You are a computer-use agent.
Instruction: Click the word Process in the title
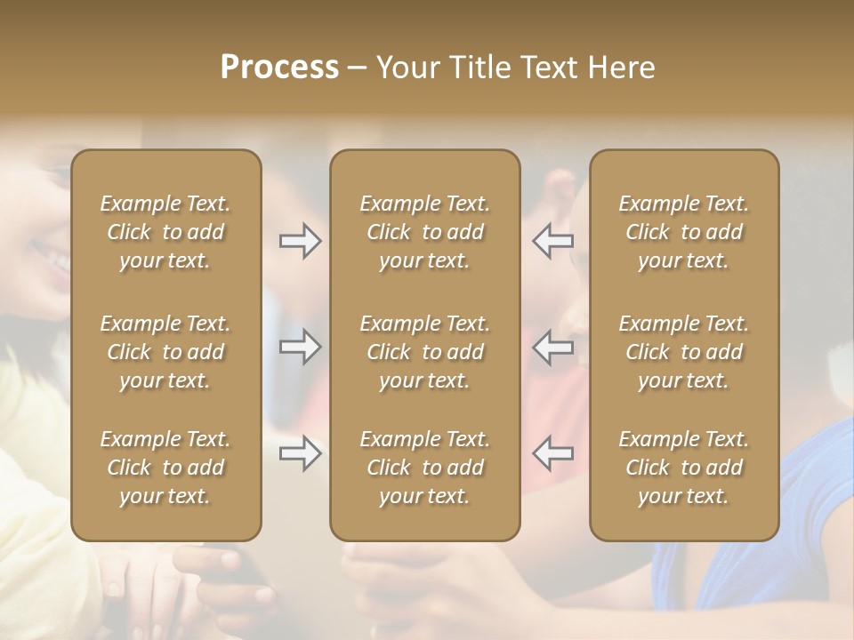pyautogui.click(x=279, y=68)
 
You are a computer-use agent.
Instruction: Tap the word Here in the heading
pyautogui.click(x=623, y=68)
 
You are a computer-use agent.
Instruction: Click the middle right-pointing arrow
pyautogui.click(x=300, y=347)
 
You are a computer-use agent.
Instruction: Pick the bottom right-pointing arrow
pyautogui.click(x=300, y=453)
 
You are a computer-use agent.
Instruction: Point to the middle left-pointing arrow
pyautogui.click(x=553, y=347)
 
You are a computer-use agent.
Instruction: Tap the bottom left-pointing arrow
pyautogui.click(x=553, y=453)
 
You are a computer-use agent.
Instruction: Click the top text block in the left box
pyautogui.click(x=165, y=232)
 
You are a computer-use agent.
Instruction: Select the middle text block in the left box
pyautogui.click(x=165, y=352)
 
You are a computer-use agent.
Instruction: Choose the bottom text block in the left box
pyautogui.click(x=165, y=468)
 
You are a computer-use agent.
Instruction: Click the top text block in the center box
pyautogui.click(x=424, y=232)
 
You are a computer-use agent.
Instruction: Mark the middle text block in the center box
pyautogui.click(x=424, y=352)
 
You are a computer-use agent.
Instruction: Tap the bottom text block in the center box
pyautogui.click(x=424, y=468)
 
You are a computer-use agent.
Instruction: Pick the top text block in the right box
pyautogui.click(x=684, y=232)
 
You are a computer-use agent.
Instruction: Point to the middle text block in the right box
pyautogui.click(x=684, y=352)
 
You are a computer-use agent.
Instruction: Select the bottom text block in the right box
pyautogui.click(x=684, y=468)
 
